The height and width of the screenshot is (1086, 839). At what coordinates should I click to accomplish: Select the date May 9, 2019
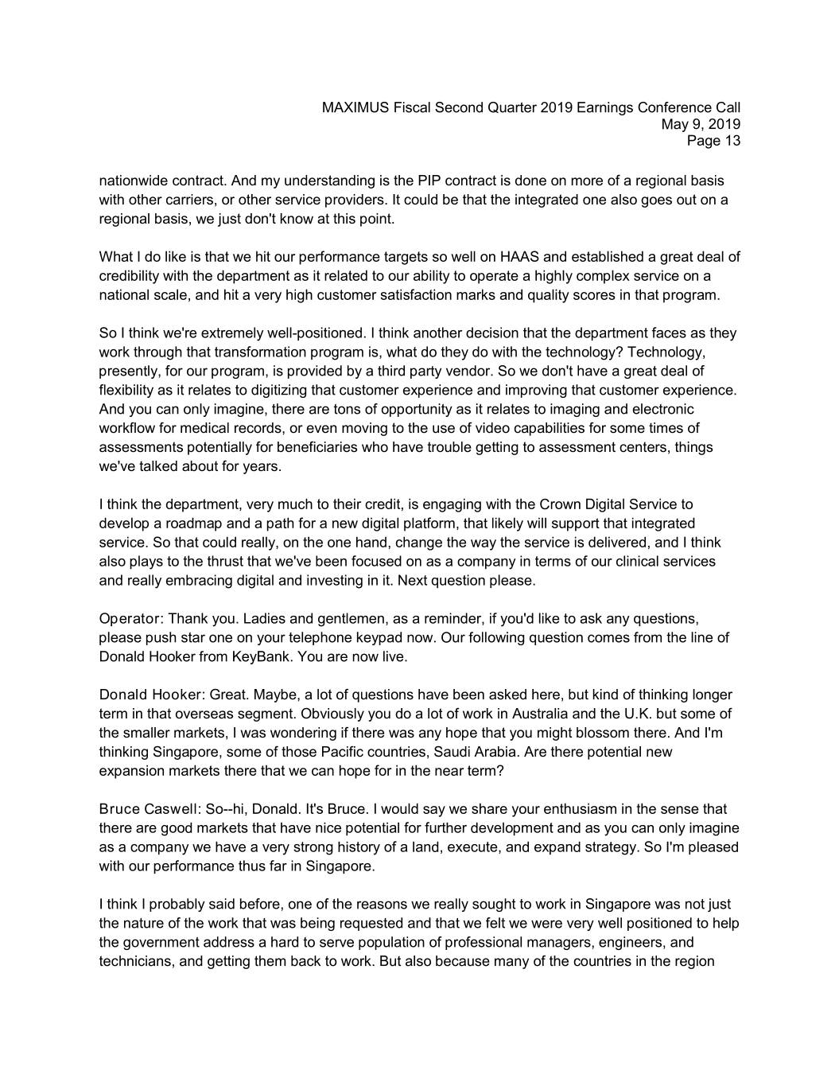pos(701,124)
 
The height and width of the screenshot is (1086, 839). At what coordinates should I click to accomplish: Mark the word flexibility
pos(129,391)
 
